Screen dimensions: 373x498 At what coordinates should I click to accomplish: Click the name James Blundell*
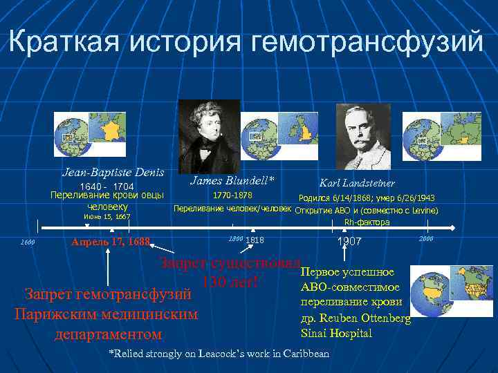pyautogui.click(x=232, y=180)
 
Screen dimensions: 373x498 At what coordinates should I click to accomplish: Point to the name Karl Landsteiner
pyautogui.click(x=357, y=183)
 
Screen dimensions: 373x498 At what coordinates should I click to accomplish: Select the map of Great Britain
pyautogui.click(x=302, y=135)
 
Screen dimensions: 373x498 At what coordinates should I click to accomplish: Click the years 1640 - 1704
pyautogui.click(x=107, y=186)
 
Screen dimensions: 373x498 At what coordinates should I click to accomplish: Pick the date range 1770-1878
pyautogui.click(x=232, y=196)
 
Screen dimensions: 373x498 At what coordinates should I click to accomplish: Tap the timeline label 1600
pyautogui.click(x=28, y=242)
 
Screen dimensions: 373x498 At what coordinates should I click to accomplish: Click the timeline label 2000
pyautogui.click(x=426, y=238)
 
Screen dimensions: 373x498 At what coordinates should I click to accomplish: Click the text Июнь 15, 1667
pyautogui.click(x=107, y=217)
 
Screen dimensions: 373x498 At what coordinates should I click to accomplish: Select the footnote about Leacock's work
pyautogui.click(x=219, y=354)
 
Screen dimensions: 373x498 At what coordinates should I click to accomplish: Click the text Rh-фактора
pyautogui.click(x=367, y=222)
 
